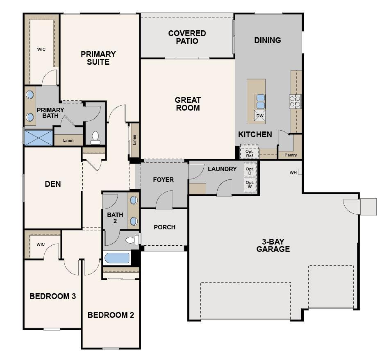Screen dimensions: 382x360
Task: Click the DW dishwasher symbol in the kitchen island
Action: (260, 115)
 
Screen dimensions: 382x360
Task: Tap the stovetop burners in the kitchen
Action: (295, 101)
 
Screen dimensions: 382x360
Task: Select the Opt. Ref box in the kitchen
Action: (249, 152)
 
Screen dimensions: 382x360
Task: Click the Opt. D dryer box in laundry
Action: (250, 170)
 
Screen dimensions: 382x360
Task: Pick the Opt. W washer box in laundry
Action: (250, 185)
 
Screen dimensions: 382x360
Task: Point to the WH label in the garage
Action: (293, 172)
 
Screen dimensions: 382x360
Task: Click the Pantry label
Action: (291, 155)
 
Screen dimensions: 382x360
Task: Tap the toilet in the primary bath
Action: (95, 138)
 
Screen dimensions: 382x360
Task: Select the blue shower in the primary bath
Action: (39, 138)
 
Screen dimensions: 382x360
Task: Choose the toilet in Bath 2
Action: (132, 240)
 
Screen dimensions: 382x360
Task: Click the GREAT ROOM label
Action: (188, 104)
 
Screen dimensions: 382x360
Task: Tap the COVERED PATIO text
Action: (187, 37)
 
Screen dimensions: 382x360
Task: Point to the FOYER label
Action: (163, 180)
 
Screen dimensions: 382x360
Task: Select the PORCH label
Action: (164, 227)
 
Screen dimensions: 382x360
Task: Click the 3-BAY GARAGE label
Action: (273, 245)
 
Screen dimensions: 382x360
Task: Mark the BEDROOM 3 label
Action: (52, 296)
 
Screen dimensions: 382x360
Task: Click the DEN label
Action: (53, 184)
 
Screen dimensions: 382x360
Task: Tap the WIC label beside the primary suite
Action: (41, 50)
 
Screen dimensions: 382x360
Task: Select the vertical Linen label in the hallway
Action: (134, 140)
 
